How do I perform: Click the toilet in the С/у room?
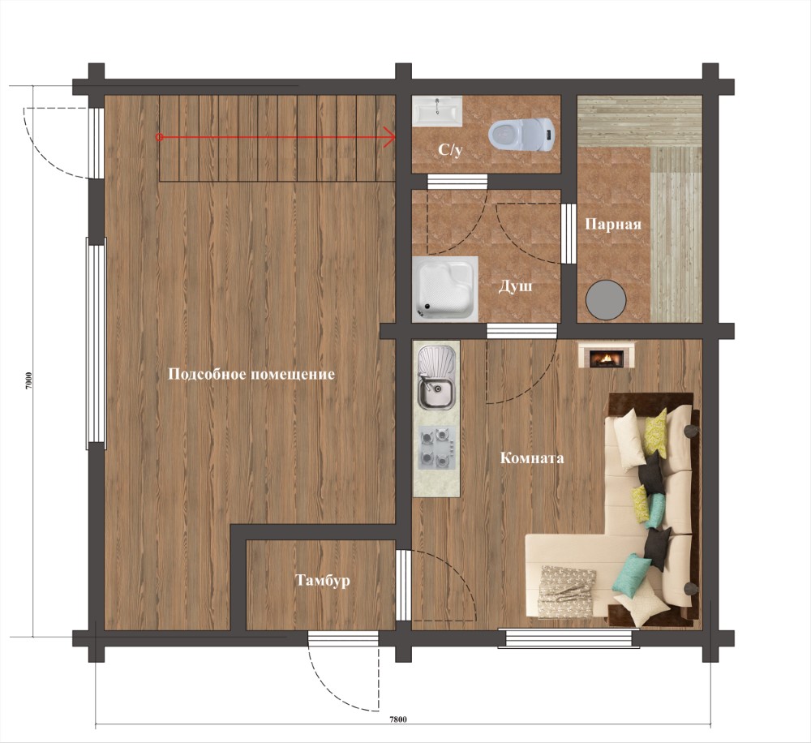521,134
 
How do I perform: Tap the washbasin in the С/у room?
438,111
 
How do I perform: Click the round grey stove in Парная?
606,299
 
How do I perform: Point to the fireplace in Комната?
606,354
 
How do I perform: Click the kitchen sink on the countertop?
436,377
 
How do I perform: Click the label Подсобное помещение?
251,374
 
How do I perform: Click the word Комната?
532,458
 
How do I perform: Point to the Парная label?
613,224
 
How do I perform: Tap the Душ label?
515,286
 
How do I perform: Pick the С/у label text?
450,150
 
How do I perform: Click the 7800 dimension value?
397,719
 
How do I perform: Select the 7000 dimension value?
29,381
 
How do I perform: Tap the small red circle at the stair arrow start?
160,137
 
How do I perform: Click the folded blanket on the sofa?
566,591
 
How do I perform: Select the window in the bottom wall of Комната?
569,638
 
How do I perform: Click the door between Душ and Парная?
569,234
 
